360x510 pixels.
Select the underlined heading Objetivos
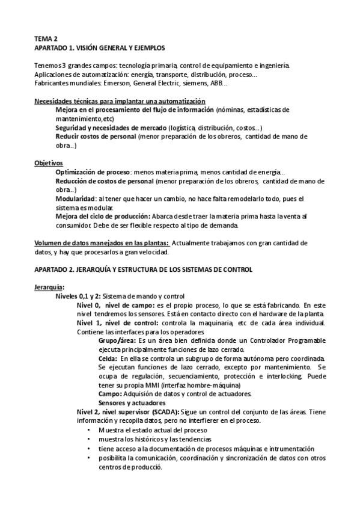[x=49, y=163]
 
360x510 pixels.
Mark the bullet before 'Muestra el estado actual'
[x=90, y=431]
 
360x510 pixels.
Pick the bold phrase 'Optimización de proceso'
[x=93, y=172]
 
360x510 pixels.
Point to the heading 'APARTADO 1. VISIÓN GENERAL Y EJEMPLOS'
[x=99, y=47]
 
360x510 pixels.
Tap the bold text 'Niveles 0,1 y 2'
[x=81, y=296]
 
